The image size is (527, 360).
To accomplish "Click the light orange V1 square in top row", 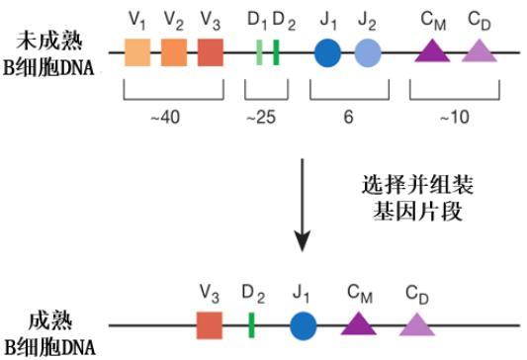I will point(136,52).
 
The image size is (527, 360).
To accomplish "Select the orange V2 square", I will point(173,52).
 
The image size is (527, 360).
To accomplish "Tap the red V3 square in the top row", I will point(210,52).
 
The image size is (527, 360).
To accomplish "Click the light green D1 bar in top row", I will point(259,52).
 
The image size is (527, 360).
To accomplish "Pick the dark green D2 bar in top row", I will point(276,52).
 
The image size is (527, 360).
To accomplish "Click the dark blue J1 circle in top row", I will point(327,52).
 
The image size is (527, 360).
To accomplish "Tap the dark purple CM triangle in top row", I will point(431,50).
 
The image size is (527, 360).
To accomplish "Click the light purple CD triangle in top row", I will point(478,50).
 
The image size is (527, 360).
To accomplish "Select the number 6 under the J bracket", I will point(348,117).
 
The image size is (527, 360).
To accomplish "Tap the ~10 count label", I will point(453,117).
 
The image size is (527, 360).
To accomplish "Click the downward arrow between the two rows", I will point(306,208).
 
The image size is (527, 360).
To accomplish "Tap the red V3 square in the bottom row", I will point(209,325).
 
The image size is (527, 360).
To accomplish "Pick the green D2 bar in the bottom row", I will point(252,325).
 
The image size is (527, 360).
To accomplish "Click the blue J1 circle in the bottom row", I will point(304,325).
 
